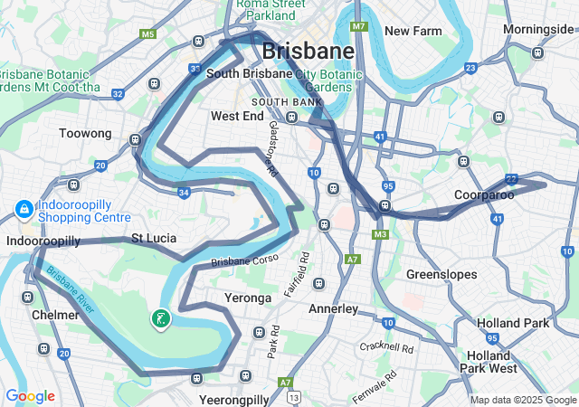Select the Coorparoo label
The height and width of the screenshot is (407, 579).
click(x=485, y=194)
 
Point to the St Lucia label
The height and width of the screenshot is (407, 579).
click(x=154, y=239)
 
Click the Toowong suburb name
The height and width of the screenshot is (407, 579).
click(x=85, y=133)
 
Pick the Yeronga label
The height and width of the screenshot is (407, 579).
click(x=247, y=298)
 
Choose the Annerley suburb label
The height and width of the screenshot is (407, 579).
click(x=334, y=308)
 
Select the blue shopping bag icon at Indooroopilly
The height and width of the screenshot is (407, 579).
click(x=23, y=210)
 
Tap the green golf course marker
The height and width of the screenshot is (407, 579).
click(x=160, y=318)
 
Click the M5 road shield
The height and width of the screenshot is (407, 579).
click(x=148, y=34)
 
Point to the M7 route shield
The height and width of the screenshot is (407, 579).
click(x=359, y=26)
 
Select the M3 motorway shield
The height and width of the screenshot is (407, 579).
click(x=380, y=235)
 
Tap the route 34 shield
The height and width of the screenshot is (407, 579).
click(x=184, y=192)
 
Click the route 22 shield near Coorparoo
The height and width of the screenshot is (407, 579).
click(x=512, y=179)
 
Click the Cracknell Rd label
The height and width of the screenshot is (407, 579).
click(x=385, y=347)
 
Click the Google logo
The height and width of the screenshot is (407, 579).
click(x=30, y=396)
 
